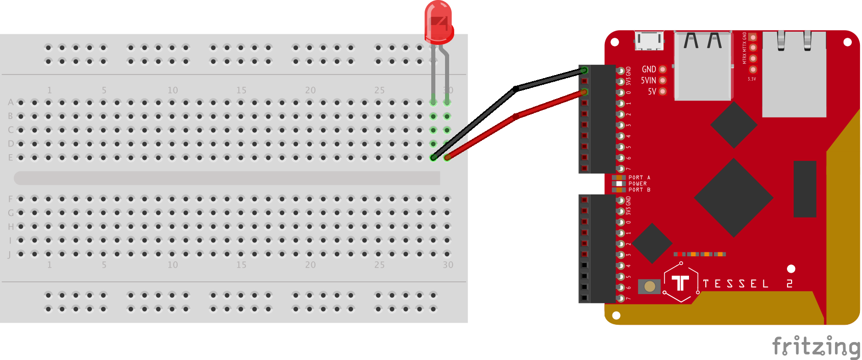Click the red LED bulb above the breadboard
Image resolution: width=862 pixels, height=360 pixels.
439,22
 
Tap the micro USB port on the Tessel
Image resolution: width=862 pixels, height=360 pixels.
649,40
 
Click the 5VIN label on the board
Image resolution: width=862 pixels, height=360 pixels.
648,81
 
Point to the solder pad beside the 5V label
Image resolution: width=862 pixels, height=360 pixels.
662,92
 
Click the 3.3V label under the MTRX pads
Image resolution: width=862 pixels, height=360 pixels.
752,79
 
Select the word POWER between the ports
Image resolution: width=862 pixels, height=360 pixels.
637,184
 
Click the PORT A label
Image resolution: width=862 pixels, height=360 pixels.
639,178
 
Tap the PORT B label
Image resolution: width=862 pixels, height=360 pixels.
639,190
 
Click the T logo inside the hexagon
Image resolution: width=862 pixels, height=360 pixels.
680,282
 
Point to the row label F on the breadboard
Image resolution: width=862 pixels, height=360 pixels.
10,199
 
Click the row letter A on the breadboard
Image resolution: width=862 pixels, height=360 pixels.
10,103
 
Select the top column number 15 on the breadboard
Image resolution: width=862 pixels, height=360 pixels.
241,90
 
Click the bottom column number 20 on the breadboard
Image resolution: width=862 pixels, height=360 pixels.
310,265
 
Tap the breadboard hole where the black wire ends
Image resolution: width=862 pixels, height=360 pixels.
433,158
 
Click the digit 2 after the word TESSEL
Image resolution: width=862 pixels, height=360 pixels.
790,284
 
